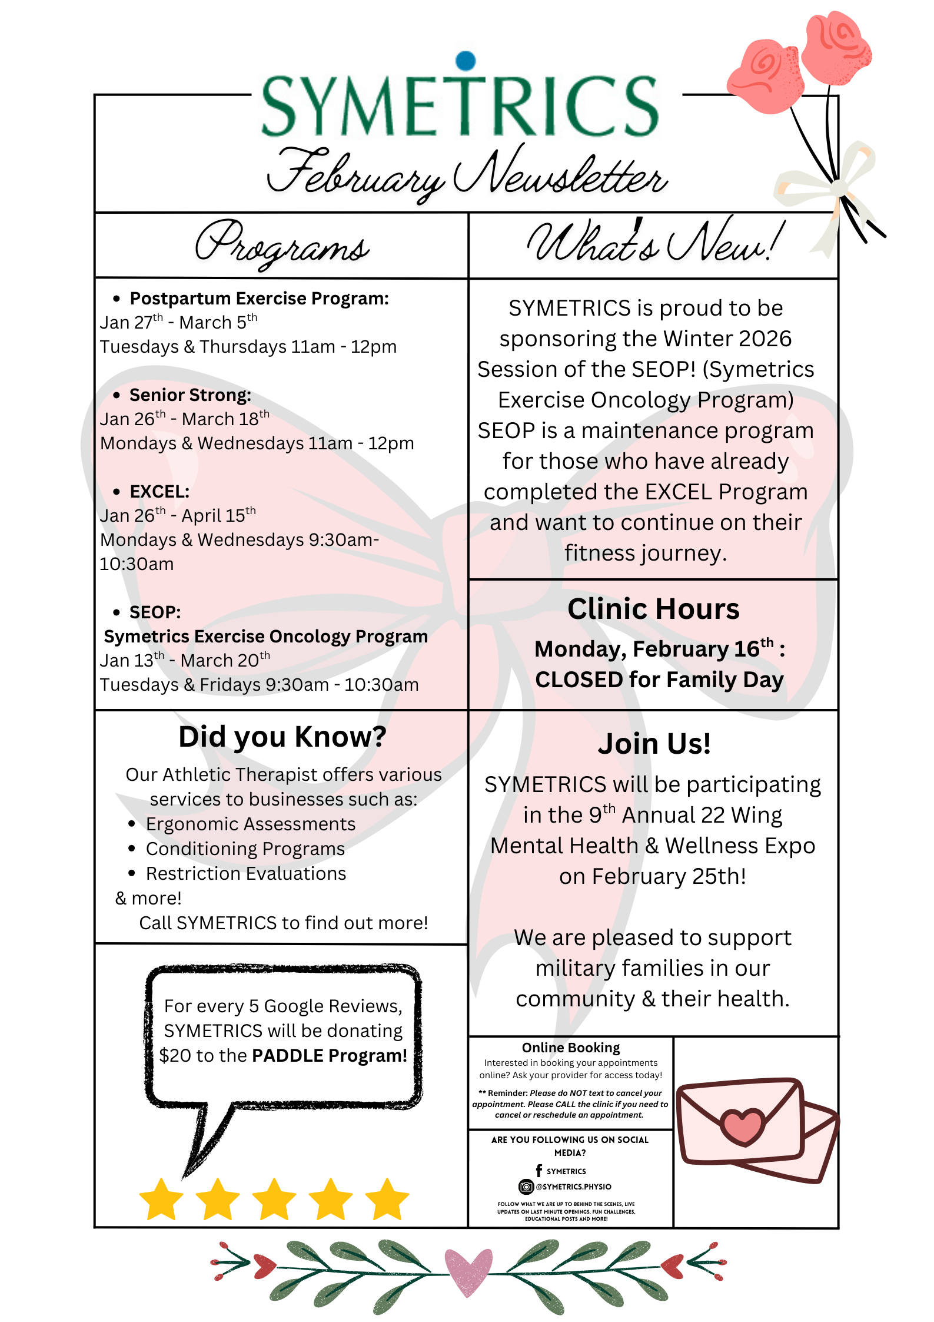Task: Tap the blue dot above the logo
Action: tap(466, 60)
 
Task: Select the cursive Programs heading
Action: tap(282, 244)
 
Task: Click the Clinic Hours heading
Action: tap(653, 609)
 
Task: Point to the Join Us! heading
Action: tap(654, 744)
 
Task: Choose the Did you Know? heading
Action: tap(282, 737)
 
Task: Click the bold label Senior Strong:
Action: tap(190, 395)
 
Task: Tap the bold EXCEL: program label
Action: tap(159, 492)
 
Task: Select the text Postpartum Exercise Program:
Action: tap(259, 299)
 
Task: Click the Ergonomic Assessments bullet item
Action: tap(251, 824)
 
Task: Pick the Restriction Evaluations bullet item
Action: tap(246, 873)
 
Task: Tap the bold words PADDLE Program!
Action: tap(330, 1056)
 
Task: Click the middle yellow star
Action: tap(274, 1200)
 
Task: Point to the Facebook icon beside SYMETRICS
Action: tap(539, 1171)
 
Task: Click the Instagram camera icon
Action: tap(526, 1187)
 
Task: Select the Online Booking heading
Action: tap(571, 1048)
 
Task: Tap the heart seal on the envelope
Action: tap(743, 1126)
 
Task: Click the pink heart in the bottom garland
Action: tap(468, 1272)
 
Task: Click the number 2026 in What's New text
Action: tap(765, 339)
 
